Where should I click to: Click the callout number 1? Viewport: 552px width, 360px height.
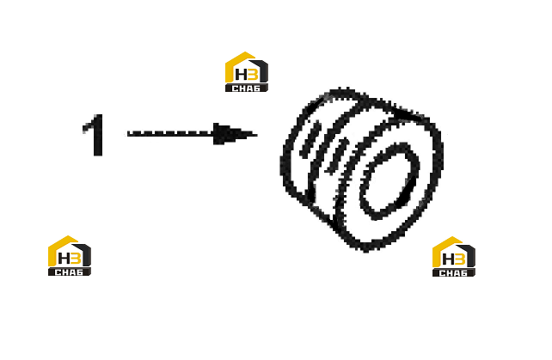(x=94, y=135)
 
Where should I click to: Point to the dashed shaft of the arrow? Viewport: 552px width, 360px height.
(x=170, y=134)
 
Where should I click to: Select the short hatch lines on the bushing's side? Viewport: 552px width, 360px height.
(x=323, y=147)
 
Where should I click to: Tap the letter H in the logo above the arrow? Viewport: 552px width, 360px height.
(x=242, y=75)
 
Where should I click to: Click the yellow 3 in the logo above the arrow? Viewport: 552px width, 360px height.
(x=253, y=75)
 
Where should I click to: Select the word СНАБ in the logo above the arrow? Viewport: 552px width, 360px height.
(x=246, y=88)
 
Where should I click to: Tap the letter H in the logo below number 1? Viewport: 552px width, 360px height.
(x=64, y=259)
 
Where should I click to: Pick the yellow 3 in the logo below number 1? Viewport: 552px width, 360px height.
(x=76, y=259)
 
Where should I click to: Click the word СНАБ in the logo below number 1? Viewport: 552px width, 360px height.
(x=69, y=272)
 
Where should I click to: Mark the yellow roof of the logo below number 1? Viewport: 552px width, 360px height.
(x=58, y=246)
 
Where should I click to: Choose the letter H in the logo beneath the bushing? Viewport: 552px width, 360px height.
(x=449, y=259)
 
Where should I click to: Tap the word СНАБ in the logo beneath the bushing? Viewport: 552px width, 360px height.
(x=453, y=273)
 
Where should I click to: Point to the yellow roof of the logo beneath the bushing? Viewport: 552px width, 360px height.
(x=443, y=247)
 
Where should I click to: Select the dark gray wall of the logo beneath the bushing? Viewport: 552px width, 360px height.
(x=470, y=253)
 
